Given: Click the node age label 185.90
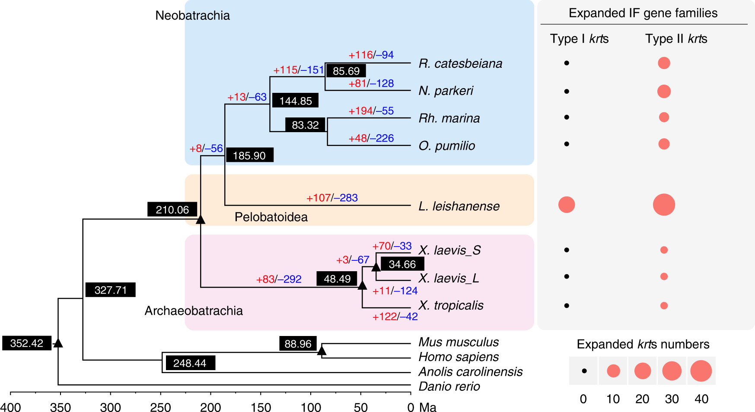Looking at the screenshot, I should (x=249, y=155).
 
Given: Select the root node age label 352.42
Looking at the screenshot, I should (x=27, y=343).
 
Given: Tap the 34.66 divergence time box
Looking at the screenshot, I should (x=402, y=264).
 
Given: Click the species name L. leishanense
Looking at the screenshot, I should (x=459, y=206).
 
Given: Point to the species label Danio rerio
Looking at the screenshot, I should (x=449, y=387).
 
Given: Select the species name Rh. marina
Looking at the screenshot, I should (x=449, y=118).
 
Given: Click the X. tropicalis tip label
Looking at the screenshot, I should (x=451, y=305).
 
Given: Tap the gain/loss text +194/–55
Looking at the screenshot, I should (x=371, y=111).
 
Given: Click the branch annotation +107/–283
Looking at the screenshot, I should (x=332, y=198).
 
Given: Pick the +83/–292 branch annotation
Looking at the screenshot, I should (x=279, y=279).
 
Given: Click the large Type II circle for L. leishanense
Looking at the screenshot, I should (x=664, y=205).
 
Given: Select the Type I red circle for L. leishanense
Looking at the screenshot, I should (x=567, y=205).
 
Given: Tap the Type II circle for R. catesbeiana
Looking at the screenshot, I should (x=664, y=63).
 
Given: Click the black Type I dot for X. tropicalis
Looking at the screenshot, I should (x=567, y=306).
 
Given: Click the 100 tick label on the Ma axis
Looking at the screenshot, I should (x=311, y=407).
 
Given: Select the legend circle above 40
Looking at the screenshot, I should (x=701, y=371).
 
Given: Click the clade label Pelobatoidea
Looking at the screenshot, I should (x=271, y=217).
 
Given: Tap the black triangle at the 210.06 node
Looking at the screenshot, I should (x=200, y=220).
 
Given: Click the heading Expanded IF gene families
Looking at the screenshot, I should (x=643, y=13).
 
